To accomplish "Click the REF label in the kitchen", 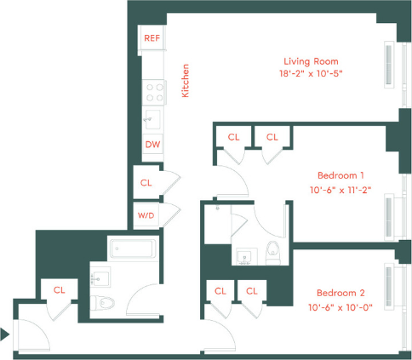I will pyautogui.click(x=152, y=38).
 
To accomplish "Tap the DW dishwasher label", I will pyautogui.click(x=152, y=144).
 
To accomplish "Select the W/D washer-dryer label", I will pyautogui.click(x=146, y=216).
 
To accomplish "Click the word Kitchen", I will pyautogui.click(x=186, y=81).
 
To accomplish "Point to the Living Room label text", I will pyautogui.click(x=311, y=61).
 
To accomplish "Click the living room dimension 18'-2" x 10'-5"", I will pyautogui.click(x=312, y=74).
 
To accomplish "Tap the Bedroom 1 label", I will pyautogui.click(x=340, y=175).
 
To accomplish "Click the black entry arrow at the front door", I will pyautogui.click(x=5, y=334).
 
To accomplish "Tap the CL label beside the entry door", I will pyautogui.click(x=60, y=289).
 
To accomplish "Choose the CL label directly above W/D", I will pyautogui.click(x=146, y=182).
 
